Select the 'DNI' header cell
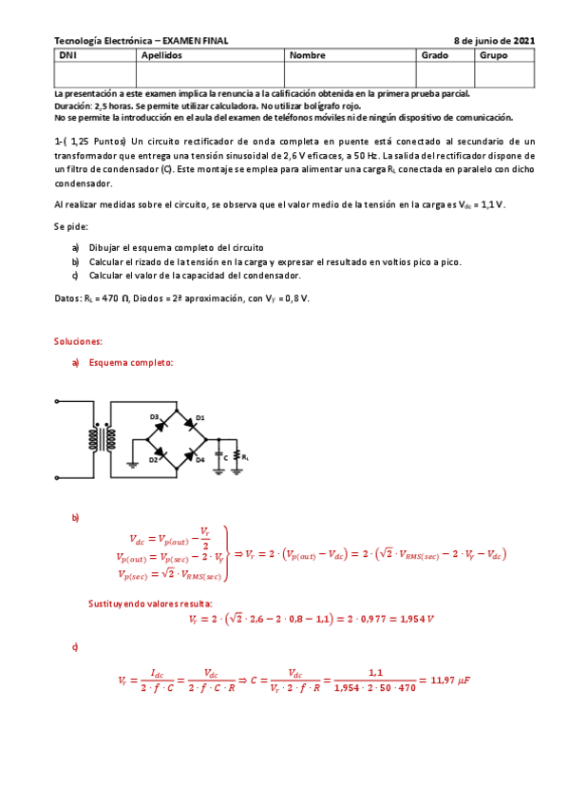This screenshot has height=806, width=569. (x=67, y=55)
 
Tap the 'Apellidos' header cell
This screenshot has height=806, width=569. (x=161, y=55)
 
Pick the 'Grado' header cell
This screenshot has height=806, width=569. (x=433, y=55)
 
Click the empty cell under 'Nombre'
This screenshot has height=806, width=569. (x=350, y=73)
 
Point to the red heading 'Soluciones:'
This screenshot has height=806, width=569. (x=78, y=340)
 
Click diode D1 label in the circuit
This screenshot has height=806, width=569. (x=200, y=418)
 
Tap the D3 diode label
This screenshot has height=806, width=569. (x=154, y=417)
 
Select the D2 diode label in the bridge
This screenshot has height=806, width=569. (x=153, y=460)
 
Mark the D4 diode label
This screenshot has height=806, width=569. (x=200, y=460)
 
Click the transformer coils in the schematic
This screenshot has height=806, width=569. (x=104, y=439)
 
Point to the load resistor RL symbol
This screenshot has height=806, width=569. (x=237, y=457)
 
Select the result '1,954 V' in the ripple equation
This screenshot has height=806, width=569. (x=412, y=620)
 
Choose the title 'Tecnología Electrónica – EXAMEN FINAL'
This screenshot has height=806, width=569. (x=142, y=41)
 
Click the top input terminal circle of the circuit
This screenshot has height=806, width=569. (x=58, y=403)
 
